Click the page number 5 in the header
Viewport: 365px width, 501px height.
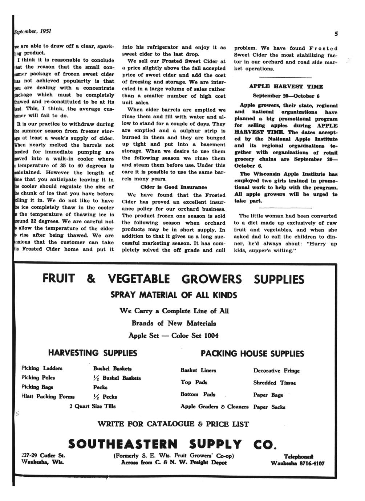click(336, 34)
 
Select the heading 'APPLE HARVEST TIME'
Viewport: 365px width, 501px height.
click(286, 87)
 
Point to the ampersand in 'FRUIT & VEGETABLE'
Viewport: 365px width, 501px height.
click(91, 279)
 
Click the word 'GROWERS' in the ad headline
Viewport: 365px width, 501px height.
click(211, 279)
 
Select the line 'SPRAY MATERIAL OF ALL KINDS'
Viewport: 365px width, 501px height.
click(174, 295)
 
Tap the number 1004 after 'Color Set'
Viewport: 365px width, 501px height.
click(211, 335)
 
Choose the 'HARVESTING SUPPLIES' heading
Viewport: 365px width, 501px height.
click(93, 353)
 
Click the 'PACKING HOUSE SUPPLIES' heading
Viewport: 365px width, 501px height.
click(252, 353)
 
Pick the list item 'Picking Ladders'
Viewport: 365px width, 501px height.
click(42, 368)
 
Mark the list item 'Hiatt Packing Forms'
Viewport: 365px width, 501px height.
click(48, 396)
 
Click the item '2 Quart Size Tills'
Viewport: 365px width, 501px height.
click(92, 406)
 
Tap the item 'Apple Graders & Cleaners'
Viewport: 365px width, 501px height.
click(214, 407)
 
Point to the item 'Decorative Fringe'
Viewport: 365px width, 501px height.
click(276, 371)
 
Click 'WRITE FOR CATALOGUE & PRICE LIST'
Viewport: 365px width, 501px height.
click(173, 424)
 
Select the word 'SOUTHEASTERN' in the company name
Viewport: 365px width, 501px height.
click(123, 444)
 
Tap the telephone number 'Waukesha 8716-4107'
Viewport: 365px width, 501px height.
click(297, 463)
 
